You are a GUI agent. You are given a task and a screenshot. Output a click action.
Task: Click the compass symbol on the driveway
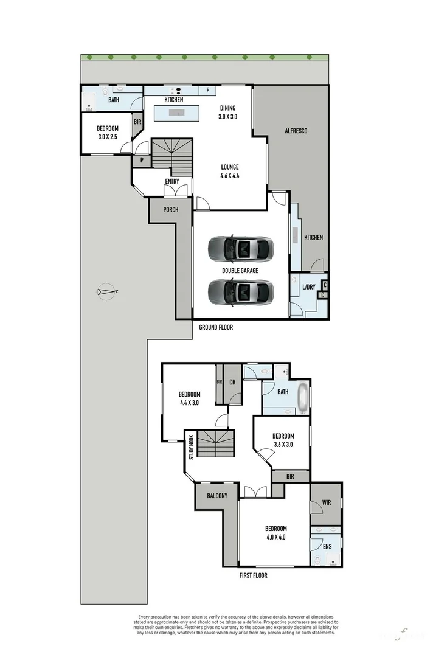(107, 293)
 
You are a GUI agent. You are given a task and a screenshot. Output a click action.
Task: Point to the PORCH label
(171, 209)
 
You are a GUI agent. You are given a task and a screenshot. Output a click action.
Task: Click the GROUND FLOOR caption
(216, 327)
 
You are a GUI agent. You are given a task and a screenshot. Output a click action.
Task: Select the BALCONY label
(217, 496)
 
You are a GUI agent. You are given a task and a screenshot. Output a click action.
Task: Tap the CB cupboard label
(232, 383)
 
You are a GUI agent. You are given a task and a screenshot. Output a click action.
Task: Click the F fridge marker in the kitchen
(208, 91)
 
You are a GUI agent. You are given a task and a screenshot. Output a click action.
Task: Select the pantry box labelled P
(142, 161)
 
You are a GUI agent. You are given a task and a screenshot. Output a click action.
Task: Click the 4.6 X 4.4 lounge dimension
(230, 176)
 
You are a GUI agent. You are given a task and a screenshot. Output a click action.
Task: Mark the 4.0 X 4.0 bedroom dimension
(275, 538)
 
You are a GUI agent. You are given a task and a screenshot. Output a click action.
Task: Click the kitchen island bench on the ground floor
(177, 113)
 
